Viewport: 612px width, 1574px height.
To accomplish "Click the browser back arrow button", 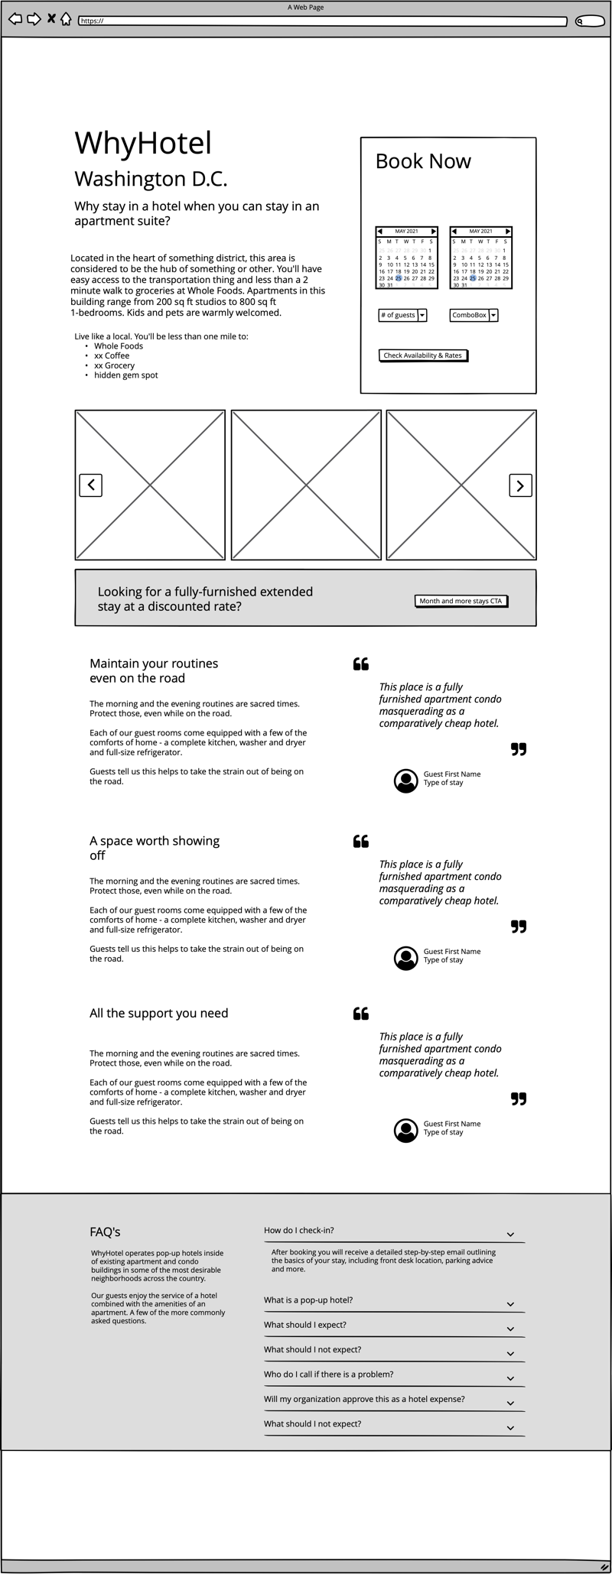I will coord(15,19).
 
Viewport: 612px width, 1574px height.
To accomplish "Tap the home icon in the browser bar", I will coord(66,19).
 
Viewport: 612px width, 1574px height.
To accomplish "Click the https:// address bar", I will coord(322,21).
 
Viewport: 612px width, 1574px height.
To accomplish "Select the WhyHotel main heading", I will coord(143,144).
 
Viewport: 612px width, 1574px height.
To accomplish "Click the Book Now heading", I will coord(423,161).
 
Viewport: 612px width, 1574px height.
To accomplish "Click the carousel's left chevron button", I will coord(91,485).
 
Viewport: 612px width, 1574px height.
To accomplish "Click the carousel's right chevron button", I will coord(520,485).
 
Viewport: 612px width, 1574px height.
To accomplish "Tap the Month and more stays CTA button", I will coord(461,601).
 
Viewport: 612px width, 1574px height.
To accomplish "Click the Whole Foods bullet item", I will coord(119,346).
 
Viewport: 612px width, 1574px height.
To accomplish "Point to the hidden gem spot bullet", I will coord(126,375).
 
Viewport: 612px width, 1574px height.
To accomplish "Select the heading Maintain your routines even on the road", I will coord(154,670).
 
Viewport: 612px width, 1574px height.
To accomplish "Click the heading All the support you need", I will coord(158,1013).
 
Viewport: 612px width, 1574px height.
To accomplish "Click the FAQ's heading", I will coord(105,1232).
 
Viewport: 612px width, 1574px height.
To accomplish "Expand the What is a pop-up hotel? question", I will coord(308,1300).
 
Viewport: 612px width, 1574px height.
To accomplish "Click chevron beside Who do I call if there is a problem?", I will coord(510,1378).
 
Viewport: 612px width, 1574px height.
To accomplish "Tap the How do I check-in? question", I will coord(299,1230).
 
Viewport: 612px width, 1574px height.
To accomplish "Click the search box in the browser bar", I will coord(590,21).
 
